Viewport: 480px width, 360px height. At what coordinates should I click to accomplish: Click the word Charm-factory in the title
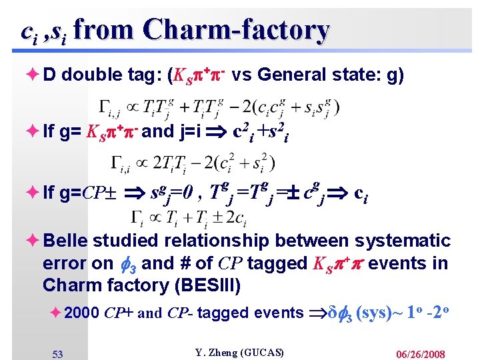click(236, 30)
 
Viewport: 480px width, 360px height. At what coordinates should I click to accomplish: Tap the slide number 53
click(57, 354)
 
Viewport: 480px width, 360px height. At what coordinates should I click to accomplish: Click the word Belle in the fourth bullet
click(65, 241)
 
